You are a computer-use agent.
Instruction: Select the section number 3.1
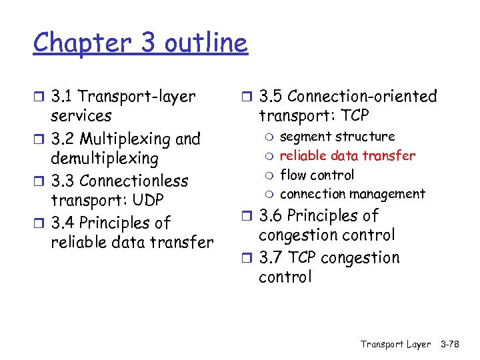coord(64,97)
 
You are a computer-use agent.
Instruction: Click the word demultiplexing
coord(105,159)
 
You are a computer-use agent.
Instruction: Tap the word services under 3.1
coord(81,116)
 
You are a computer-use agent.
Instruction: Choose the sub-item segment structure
coord(337,137)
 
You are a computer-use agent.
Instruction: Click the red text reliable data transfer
coord(347,156)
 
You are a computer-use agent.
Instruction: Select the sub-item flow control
coord(317,175)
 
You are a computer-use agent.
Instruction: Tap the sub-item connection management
coord(352,194)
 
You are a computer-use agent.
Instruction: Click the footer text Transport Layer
coord(395,344)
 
